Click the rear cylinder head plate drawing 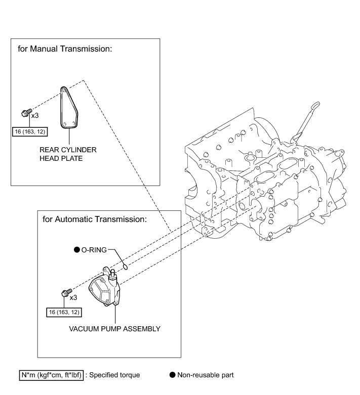(x=69, y=108)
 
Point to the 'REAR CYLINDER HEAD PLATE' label (x=67, y=154)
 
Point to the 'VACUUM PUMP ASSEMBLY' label (x=114, y=329)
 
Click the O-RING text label (x=94, y=249)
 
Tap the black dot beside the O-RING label (x=76, y=249)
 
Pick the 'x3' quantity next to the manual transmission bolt (x=35, y=115)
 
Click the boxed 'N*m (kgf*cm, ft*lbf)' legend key (x=51, y=375)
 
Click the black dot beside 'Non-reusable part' (x=172, y=375)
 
